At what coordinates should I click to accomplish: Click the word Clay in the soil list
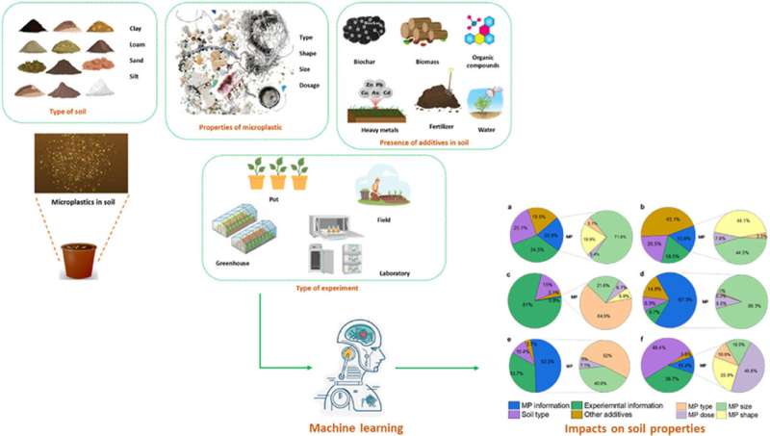click(x=135, y=27)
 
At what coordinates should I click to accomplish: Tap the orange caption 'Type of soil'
click(x=78, y=110)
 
